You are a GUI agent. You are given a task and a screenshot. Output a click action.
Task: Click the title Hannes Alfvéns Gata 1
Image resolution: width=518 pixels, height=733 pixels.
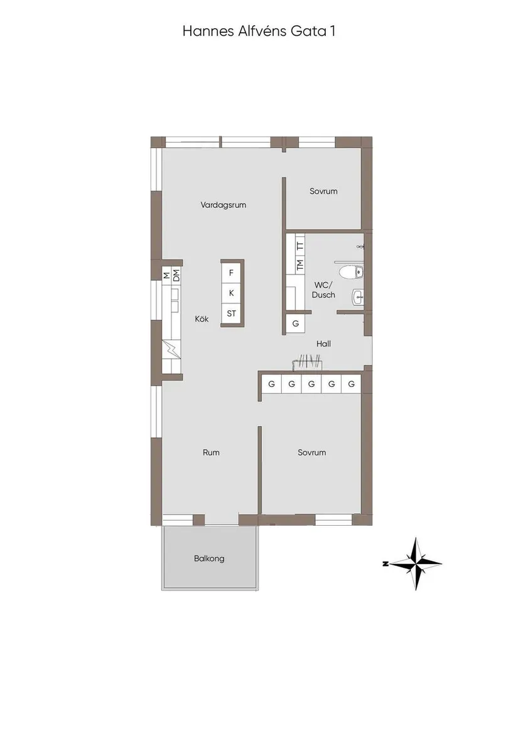[x=259, y=31]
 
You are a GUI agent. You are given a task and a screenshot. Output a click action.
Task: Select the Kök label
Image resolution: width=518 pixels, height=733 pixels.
[x=202, y=319]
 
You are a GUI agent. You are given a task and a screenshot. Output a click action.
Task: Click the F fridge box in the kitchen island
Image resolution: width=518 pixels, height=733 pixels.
[x=232, y=273]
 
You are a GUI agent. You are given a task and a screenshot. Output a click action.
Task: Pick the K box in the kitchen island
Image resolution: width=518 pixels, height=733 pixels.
[x=232, y=293]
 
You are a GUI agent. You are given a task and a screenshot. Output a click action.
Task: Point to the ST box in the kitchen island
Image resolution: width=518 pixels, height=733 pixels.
[x=232, y=313]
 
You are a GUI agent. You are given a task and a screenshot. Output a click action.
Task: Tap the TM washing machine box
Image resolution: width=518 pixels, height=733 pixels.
[x=300, y=264]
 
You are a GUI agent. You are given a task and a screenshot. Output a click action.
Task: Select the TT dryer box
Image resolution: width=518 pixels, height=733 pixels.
[x=300, y=245]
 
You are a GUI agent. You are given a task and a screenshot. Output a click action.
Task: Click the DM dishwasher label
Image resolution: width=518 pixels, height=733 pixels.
[x=176, y=274]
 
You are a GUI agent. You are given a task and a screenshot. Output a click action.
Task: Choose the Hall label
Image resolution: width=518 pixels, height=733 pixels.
[x=324, y=344]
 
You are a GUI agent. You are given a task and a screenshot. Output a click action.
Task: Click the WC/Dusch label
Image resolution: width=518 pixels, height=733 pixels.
[x=323, y=290]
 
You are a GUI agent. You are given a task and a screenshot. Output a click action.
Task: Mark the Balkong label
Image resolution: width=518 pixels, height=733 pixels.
[x=209, y=558]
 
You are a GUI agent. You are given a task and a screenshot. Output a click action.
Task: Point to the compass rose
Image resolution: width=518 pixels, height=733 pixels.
[x=416, y=563]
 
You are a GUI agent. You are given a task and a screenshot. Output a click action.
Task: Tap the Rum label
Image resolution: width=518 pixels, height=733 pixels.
[x=211, y=452]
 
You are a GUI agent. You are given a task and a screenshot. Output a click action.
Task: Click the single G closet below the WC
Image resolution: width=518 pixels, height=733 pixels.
[x=295, y=323]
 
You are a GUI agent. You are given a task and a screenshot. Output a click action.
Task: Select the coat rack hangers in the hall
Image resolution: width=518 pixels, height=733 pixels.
[x=307, y=361]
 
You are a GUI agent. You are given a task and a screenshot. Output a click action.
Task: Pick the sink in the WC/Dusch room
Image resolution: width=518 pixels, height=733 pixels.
[x=357, y=297]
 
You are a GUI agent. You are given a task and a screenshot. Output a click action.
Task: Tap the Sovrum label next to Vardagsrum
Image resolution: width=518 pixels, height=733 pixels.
[x=323, y=191]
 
